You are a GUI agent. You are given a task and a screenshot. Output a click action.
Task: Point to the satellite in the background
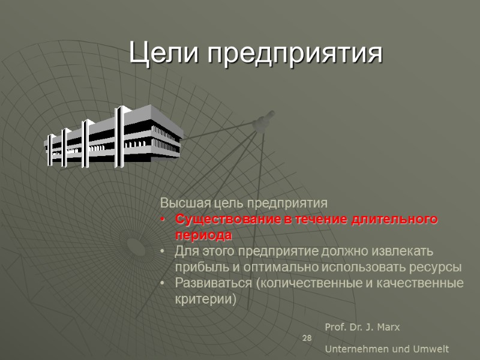coord(264,121)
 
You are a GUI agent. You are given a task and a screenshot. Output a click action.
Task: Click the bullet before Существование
coord(163,220)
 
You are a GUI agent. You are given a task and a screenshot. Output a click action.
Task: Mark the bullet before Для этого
coord(163,251)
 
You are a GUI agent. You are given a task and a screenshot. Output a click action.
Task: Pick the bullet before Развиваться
coord(163,283)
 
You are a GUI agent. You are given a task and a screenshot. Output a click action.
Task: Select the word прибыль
coord(200,266)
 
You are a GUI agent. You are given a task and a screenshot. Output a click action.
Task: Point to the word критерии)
coord(205,298)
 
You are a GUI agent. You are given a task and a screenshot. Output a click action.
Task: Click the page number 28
coord(307,339)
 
